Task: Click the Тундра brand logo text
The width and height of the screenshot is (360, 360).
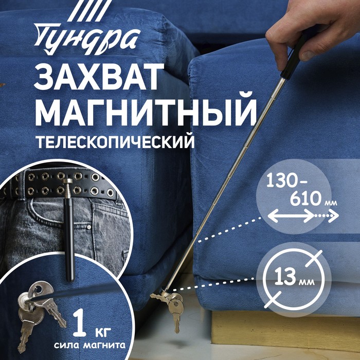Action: tap(87, 39)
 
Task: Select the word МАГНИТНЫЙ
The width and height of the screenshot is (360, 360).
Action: tap(146, 112)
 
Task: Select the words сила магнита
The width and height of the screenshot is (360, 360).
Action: tap(90, 345)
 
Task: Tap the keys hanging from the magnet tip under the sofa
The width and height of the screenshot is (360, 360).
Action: tap(173, 308)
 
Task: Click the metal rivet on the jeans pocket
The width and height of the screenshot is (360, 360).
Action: tap(89, 227)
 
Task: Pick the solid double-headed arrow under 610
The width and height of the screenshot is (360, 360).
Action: tap(291, 216)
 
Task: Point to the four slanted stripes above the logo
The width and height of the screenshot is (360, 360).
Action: tap(89, 11)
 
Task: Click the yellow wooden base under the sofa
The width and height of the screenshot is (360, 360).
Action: tap(285, 331)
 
